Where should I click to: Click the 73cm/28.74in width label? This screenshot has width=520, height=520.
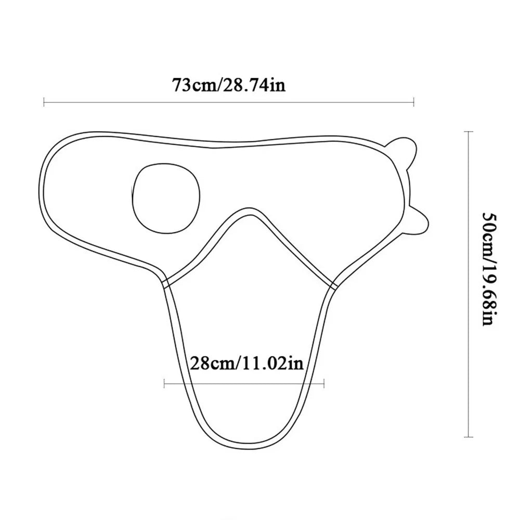coord(228,85)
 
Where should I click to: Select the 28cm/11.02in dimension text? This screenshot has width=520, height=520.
coord(246,363)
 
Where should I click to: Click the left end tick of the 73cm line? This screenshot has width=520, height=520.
coord(44,102)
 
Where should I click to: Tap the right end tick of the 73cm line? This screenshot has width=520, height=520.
coord(413,102)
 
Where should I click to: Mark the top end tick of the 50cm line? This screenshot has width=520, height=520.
coord(469,132)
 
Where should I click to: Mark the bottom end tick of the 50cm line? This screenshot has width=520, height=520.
coord(469,437)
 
